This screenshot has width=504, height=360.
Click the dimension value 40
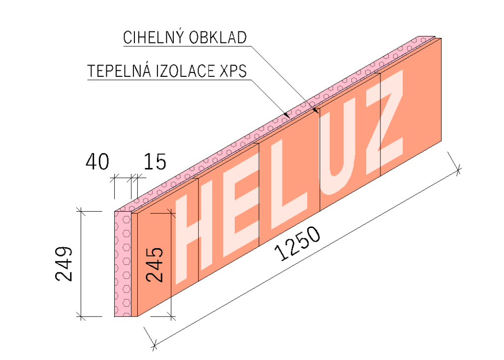coord(97,162)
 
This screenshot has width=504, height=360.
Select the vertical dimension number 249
coord(64,263)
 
